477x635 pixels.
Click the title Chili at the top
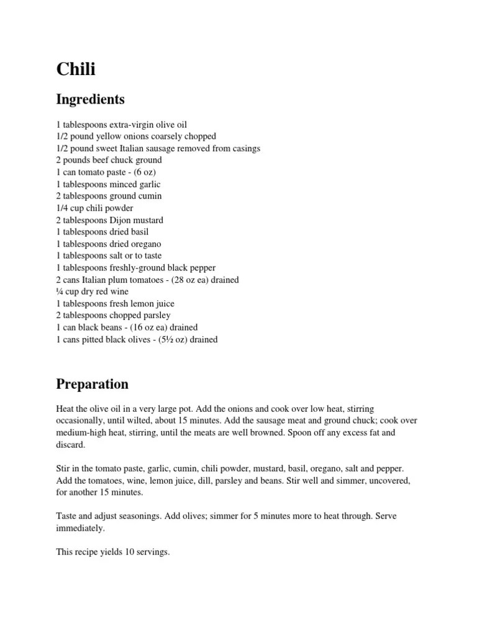(x=76, y=69)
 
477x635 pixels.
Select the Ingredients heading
(x=90, y=99)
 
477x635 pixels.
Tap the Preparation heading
(x=93, y=384)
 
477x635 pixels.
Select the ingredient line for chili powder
(x=94, y=208)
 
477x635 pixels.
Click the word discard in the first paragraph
(x=71, y=445)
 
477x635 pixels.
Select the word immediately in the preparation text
(x=80, y=528)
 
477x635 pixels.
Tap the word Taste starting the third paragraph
(x=68, y=517)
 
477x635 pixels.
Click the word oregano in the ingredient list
(x=144, y=244)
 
